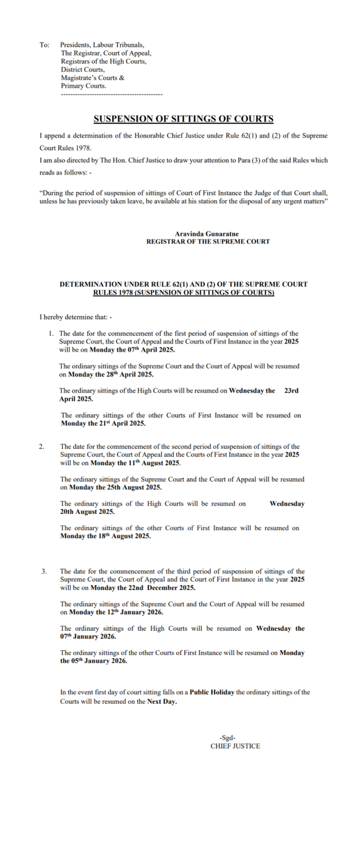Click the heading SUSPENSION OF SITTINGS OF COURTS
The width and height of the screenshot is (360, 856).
[x=184, y=119]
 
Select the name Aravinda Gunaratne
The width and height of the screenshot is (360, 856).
[x=207, y=234]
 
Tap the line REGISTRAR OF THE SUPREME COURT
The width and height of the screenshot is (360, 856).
[x=208, y=242]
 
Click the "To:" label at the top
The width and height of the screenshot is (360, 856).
[x=44, y=45]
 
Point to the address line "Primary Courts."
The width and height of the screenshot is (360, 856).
[x=83, y=86]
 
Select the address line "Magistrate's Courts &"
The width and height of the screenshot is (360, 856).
[x=92, y=78]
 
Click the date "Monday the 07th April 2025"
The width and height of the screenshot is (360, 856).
[x=132, y=350]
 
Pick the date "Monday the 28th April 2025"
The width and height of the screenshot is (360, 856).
[x=110, y=374]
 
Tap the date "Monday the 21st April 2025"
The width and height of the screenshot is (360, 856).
[x=103, y=423]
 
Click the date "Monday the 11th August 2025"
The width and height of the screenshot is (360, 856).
[x=135, y=463]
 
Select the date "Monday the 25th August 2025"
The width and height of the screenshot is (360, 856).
[x=115, y=487]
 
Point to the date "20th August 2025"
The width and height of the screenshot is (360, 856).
[x=87, y=512]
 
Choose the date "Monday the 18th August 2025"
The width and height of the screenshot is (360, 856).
[x=105, y=536]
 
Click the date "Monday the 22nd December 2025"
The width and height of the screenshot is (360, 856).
[x=143, y=588]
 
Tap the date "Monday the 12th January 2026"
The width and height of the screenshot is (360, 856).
[x=116, y=612]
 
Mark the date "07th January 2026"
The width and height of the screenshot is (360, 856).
[x=88, y=637]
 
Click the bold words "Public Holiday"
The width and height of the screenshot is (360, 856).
[x=212, y=692]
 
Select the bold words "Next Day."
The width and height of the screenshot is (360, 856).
[x=162, y=701]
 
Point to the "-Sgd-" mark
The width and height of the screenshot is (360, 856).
[x=227, y=738]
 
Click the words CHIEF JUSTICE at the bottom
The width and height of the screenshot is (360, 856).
[x=235, y=746]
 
